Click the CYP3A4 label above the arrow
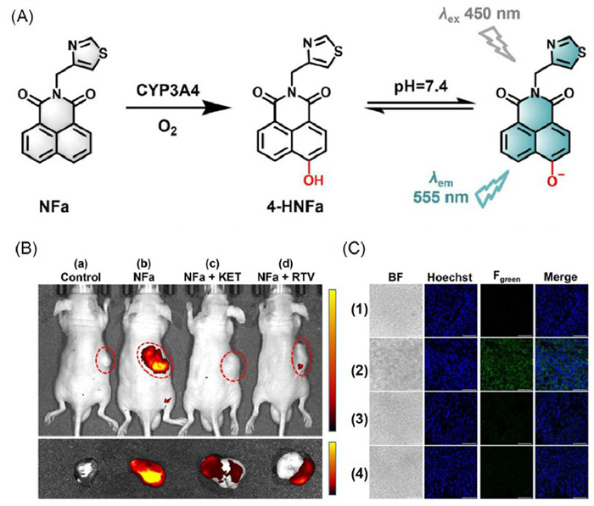pos(168,91)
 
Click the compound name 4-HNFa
pos(294,207)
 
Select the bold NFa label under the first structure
pos(54,207)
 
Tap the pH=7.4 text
pos(421,86)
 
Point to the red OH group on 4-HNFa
pos(314,181)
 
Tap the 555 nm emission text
pos(440,197)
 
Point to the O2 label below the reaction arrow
pos(167,129)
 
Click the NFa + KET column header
pos(212,277)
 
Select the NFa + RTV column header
pos(286,277)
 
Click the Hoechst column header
pos(450,277)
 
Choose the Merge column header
pos(560,277)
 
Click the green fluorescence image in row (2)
pos(507,364)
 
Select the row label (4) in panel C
pos(357,474)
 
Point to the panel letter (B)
pos(25,249)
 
